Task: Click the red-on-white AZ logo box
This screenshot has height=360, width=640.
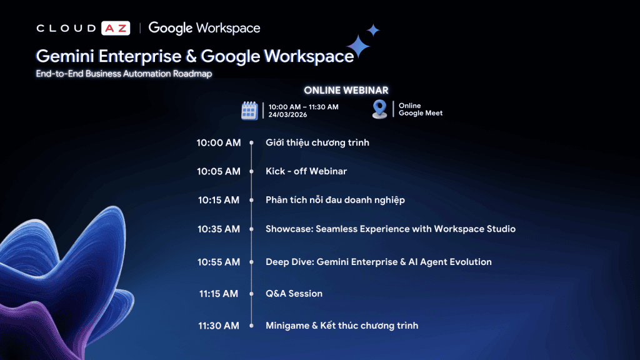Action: (x=116, y=28)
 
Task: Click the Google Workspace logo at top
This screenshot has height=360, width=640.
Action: (x=204, y=28)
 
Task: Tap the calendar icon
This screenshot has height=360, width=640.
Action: (x=249, y=111)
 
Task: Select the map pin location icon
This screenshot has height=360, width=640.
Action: (x=379, y=109)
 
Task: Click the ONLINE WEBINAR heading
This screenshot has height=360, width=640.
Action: (x=346, y=90)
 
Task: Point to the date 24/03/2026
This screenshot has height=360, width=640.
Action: (x=287, y=115)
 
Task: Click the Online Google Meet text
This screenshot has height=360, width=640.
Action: (x=421, y=109)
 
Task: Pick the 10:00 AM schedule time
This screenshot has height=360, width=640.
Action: (x=219, y=143)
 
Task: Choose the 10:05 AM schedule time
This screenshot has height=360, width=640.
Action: (x=219, y=171)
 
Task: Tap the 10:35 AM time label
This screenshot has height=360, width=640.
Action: (x=219, y=229)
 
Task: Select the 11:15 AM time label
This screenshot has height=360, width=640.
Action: (x=219, y=294)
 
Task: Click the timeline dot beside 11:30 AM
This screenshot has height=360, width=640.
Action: (x=251, y=326)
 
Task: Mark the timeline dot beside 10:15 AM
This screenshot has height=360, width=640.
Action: (x=251, y=200)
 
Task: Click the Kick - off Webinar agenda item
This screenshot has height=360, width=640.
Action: (x=306, y=171)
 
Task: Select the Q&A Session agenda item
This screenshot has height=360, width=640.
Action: (x=294, y=294)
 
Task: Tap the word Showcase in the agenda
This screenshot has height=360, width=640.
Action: (x=289, y=229)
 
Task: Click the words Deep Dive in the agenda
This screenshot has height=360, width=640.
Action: (x=290, y=262)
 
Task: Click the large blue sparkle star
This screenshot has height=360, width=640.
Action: (x=358, y=46)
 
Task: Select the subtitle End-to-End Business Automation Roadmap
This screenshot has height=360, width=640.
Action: (x=124, y=74)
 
